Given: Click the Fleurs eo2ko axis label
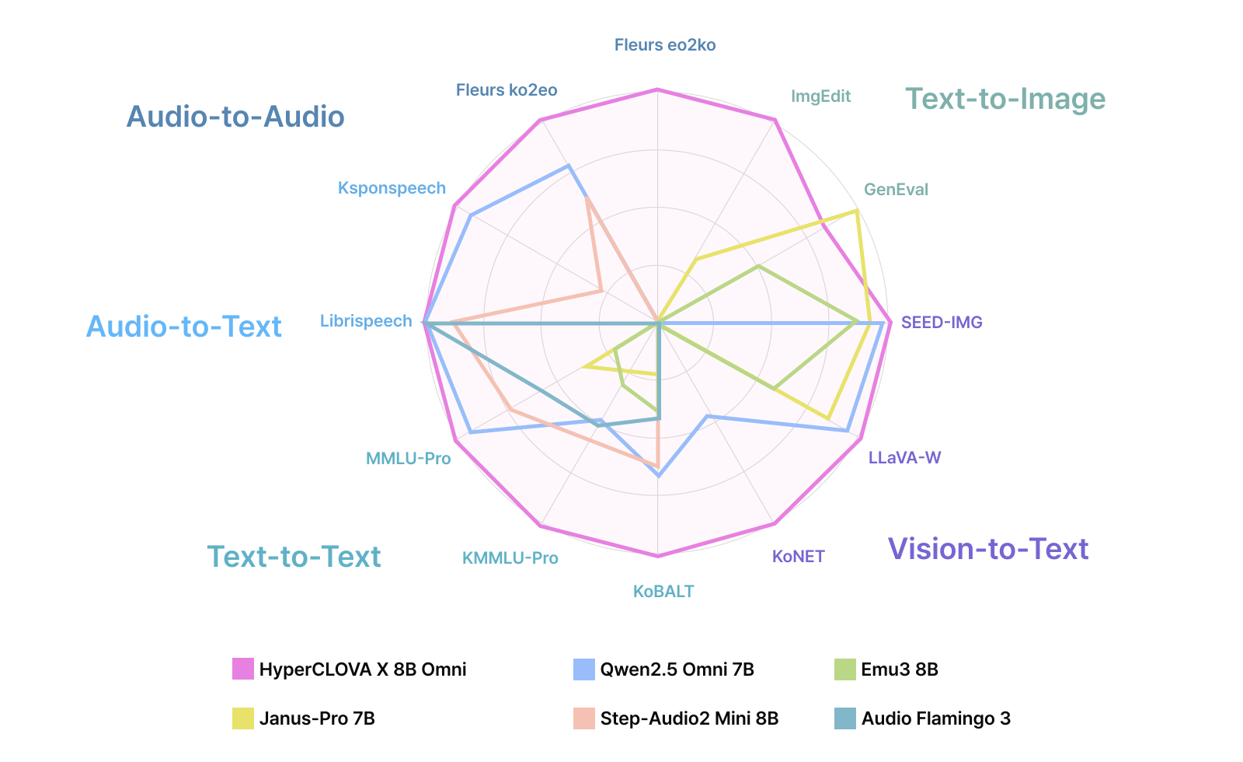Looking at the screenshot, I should (665, 45).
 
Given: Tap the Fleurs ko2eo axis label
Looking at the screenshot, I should (507, 90).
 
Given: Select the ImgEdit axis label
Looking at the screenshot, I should (820, 96).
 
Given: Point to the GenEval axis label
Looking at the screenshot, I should (896, 190).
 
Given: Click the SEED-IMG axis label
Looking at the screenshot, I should (942, 322).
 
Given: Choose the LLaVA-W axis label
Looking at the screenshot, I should (904, 457).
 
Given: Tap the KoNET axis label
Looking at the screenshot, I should (798, 556).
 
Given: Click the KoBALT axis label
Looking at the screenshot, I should (663, 592).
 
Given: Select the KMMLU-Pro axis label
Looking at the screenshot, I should (510, 558).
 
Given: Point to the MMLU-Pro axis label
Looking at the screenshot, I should (408, 459).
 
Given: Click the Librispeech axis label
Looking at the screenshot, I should (366, 321).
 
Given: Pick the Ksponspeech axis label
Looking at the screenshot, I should (392, 188).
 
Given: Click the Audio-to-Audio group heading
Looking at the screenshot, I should (235, 117).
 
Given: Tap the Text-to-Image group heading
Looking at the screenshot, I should (1005, 99).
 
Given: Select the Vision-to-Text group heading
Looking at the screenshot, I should (988, 549).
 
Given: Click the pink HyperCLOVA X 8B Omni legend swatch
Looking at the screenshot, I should (243, 669).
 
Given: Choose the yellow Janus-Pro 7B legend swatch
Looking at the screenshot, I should (243, 718).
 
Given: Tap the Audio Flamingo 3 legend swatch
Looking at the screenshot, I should (844, 718).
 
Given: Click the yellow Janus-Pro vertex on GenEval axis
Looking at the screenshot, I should (856, 210).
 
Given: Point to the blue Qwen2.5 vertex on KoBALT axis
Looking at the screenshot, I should (659, 474).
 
